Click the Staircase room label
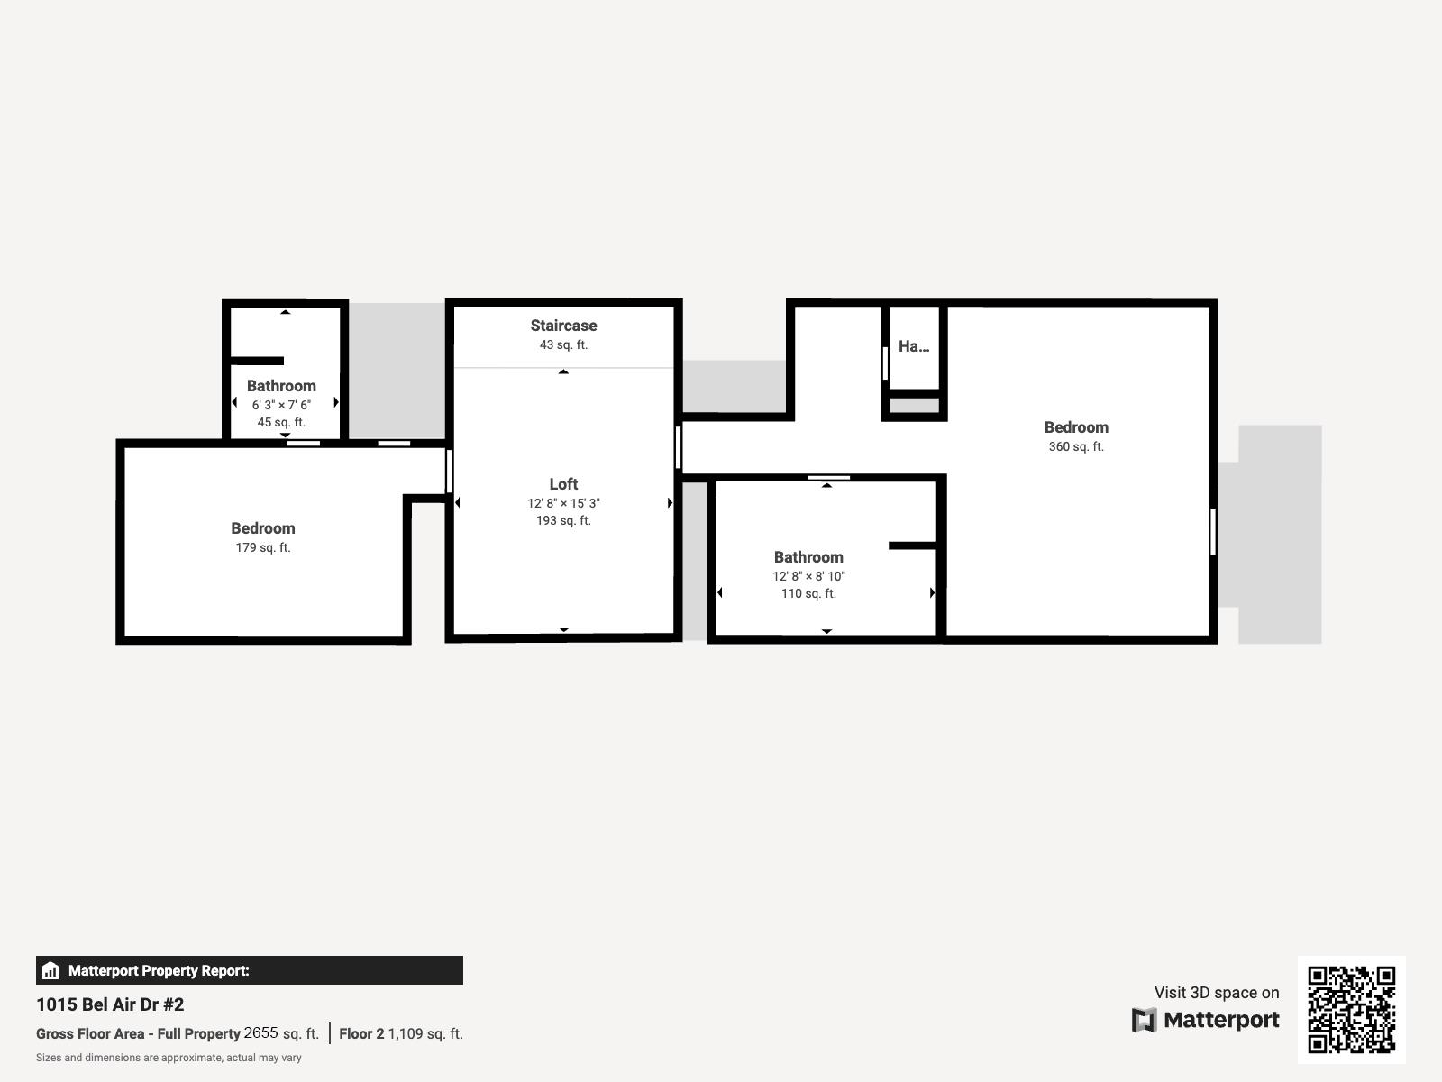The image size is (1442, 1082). tap(563, 326)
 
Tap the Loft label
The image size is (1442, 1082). tap(563, 484)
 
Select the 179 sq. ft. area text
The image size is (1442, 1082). tap(263, 547)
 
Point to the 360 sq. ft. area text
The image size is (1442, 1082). tap(1076, 446)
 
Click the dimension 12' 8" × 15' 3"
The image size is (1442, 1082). tap(563, 503)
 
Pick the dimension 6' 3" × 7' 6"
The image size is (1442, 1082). tap(281, 405)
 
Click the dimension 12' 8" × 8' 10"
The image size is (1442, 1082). tap(808, 576)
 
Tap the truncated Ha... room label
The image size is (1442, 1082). tap(914, 346)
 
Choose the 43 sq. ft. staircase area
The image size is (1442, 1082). tap(563, 345)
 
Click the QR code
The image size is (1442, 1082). tap(1351, 1010)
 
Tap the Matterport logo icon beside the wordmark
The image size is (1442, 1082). tap(1144, 1020)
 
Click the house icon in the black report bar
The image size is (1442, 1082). tap(50, 970)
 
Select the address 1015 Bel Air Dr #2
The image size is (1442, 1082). tap(110, 1004)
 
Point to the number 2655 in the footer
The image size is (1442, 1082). tap(260, 1032)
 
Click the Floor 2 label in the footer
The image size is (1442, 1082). tap(361, 1033)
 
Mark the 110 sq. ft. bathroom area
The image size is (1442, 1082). tap(808, 593)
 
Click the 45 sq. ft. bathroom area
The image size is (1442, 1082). tap(281, 422)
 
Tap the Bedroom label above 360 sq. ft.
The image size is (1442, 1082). tap(1076, 427)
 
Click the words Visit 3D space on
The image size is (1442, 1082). tap(1217, 993)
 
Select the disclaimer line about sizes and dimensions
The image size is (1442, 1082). tap(169, 1058)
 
